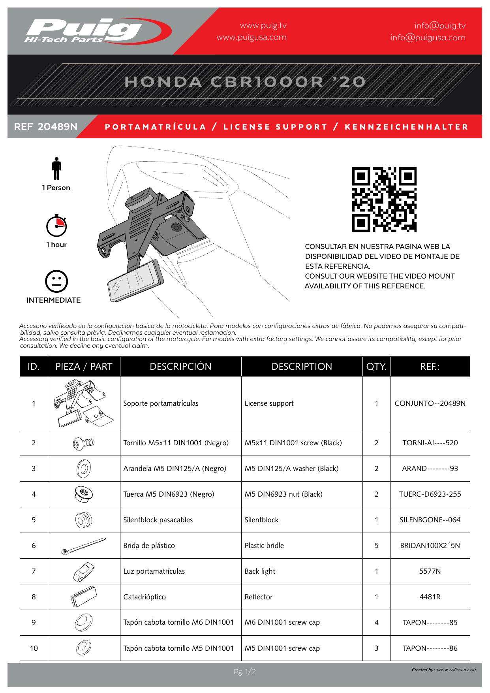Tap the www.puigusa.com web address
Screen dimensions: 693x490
click(x=252, y=38)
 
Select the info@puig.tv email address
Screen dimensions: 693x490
click(x=440, y=26)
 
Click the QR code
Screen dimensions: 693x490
click(x=384, y=200)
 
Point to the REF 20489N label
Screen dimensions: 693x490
click(x=46, y=127)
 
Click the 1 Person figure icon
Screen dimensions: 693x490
click(x=56, y=169)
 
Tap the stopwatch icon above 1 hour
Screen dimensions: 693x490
click(x=56, y=226)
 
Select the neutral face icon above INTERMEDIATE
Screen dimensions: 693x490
click(x=56, y=281)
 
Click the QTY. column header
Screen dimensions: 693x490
click(x=376, y=367)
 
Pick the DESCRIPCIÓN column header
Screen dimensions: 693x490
click(x=180, y=367)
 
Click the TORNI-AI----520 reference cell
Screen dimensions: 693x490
click(x=430, y=443)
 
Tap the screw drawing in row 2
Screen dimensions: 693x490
click(x=84, y=443)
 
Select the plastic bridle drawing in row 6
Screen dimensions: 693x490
click(x=84, y=546)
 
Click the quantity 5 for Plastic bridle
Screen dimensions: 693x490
click(x=376, y=546)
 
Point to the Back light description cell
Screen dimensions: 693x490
click(x=260, y=571)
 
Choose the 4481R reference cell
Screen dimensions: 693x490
click(x=430, y=597)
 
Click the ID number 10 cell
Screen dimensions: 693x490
click(x=34, y=648)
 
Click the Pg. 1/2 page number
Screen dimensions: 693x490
click(x=245, y=672)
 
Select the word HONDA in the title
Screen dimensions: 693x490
click(x=163, y=82)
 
